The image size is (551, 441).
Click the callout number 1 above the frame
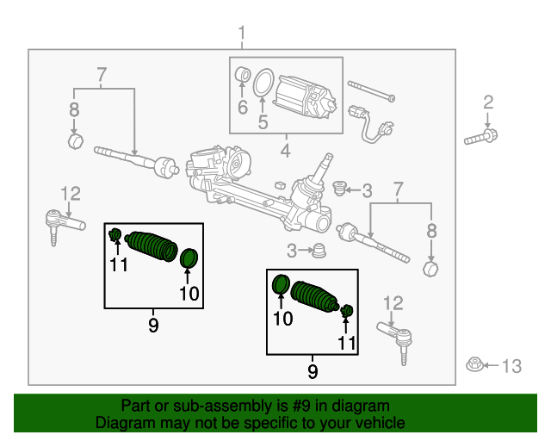(x=242, y=34)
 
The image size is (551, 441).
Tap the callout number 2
(x=488, y=103)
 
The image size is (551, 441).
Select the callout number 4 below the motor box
(x=285, y=153)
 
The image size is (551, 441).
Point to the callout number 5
(x=263, y=121)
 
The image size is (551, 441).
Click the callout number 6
(x=242, y=107)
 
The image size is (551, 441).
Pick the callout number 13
(x=511, y=367)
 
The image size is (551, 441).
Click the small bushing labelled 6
(x=243, y=78)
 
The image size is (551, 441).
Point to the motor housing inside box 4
(x=306, y=95)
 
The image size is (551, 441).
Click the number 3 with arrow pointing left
(x=367, y=190)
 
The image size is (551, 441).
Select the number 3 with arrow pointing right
(x=292, y=251)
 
